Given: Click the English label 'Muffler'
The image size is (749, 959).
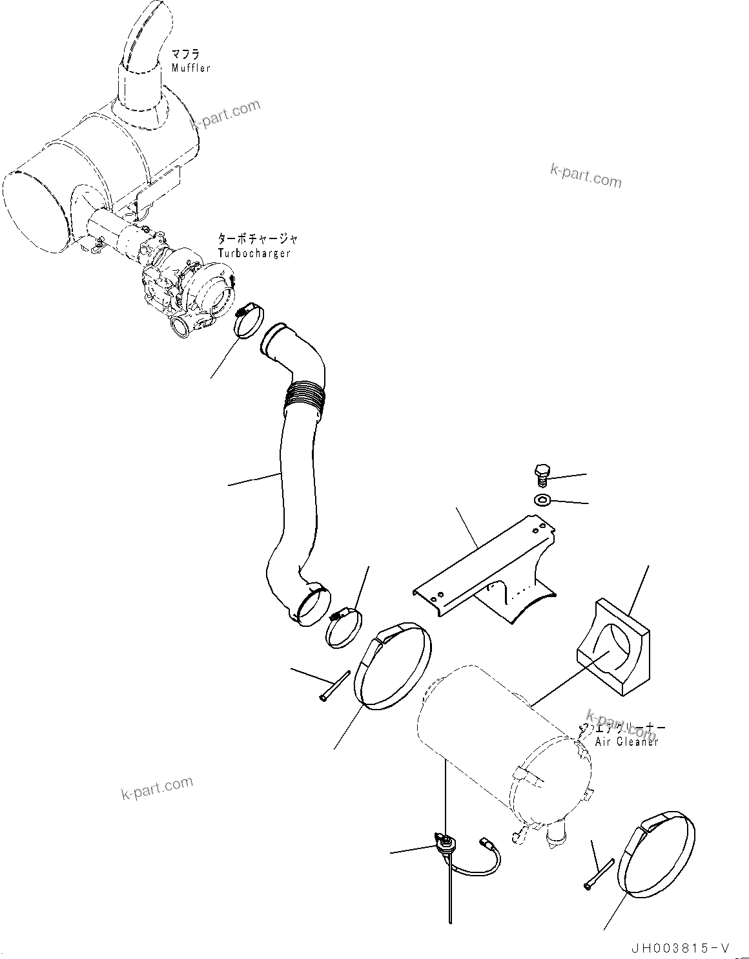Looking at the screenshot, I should [x=190, y=68].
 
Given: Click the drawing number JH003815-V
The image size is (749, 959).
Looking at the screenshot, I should [x=680, y=948].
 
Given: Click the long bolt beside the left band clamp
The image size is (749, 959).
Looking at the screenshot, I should [x=334, y=684].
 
